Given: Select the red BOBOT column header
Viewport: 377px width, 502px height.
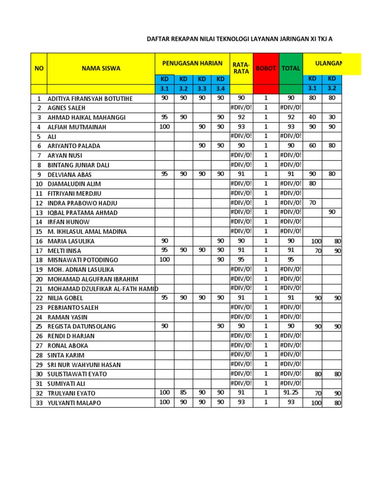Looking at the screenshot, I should point(266,68).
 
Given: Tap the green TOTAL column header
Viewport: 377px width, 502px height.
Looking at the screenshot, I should point(291,68).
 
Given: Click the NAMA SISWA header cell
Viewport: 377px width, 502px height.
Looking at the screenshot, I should point(101,68).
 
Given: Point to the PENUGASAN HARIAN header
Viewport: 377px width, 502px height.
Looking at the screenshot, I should point(192,63).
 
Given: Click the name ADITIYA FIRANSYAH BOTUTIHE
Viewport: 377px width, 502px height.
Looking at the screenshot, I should point(90,99).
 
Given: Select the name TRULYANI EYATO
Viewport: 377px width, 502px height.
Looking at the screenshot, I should point(71,393).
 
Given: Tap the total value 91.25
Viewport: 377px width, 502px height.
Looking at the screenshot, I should point(291,393).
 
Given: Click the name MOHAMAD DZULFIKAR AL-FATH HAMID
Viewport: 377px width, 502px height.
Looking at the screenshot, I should point(103,289).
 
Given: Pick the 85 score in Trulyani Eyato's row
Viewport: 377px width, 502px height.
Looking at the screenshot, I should point(183,393).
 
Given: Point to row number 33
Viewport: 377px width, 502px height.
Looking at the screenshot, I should point(38,403).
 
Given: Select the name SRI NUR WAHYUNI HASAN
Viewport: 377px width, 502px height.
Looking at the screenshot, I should point(84,365).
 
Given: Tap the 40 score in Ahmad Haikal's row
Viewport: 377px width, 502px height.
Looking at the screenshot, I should point(312,117).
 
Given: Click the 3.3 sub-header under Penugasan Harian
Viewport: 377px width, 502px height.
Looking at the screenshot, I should point(202,89).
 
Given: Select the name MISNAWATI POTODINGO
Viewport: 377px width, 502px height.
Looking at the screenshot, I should point(82,260).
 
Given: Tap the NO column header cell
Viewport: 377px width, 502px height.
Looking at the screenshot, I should point(38,68).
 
